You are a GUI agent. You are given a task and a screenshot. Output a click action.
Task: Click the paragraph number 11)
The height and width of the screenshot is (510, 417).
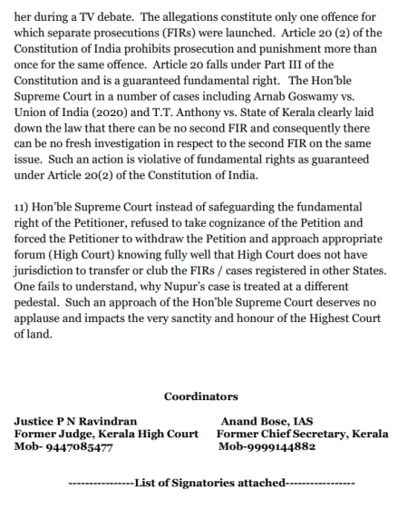point(24,208)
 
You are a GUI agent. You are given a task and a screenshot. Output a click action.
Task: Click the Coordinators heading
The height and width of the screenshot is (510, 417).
point(201,397)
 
